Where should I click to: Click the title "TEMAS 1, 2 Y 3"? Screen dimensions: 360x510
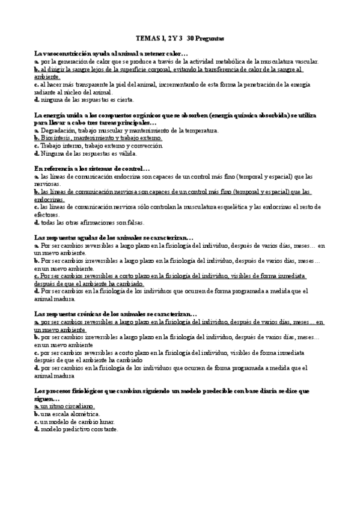point(161,38)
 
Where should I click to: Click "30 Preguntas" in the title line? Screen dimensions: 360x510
point(206,38)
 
